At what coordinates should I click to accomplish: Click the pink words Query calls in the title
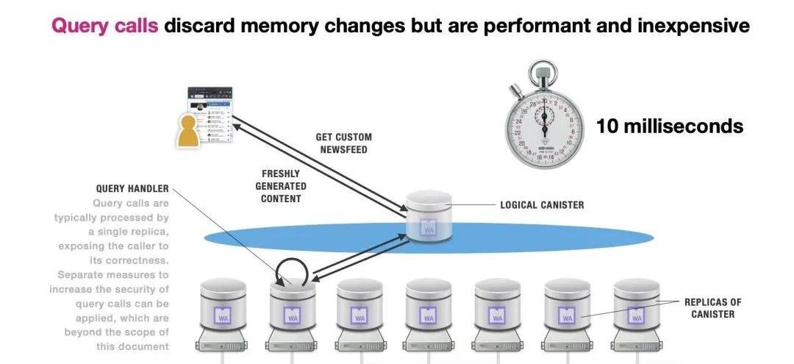point(104,26)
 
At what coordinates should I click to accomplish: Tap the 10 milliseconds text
point(669,126)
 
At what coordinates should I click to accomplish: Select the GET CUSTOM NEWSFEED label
point(343,143)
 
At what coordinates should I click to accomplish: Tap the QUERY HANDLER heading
point(132,189)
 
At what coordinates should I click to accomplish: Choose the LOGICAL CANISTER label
point(542,204)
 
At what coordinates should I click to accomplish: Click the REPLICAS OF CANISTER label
point(712,307)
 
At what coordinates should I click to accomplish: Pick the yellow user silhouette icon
point(190,131)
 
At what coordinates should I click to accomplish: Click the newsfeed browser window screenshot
point(212,114)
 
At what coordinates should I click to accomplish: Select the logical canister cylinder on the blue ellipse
point(429,215)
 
